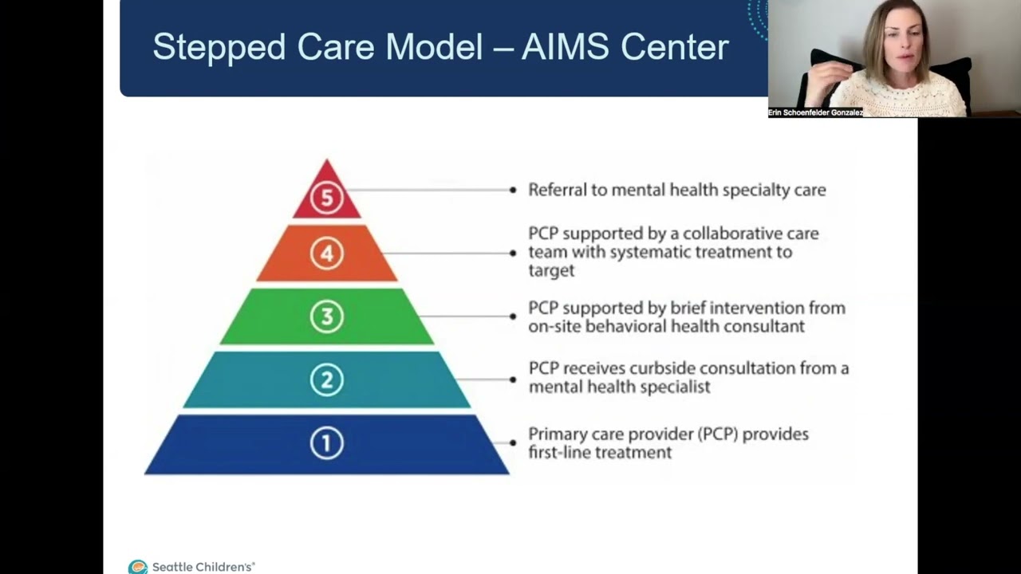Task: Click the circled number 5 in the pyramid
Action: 326,197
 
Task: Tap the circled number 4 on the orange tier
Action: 326,254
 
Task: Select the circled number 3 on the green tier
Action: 326,316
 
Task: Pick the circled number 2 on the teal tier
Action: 326,379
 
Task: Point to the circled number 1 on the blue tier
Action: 326,443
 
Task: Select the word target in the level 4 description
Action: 551,271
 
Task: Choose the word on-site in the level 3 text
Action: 555,326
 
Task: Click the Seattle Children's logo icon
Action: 138,567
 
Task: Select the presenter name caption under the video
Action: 815,113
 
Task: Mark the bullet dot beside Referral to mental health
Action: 513,190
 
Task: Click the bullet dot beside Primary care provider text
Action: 513,443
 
